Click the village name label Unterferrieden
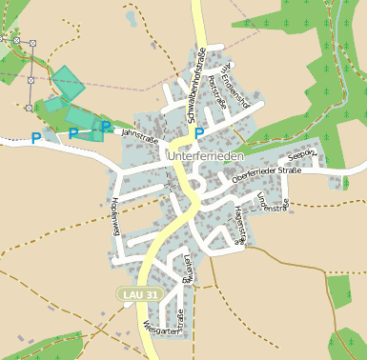click(x=206, y=154)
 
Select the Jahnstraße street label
click(x=139, y=136)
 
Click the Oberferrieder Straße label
click(x=266, y=171)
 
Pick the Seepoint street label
click(x=301, y=153)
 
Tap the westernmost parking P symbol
click(x=36, y=138)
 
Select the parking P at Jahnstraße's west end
click(x=105, y=127)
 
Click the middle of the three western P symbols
click(x=72, y=134)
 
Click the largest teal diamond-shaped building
click(x=68, y=84)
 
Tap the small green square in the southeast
click(x=339, y=290)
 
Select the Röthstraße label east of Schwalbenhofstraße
click(x=216, y=98)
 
